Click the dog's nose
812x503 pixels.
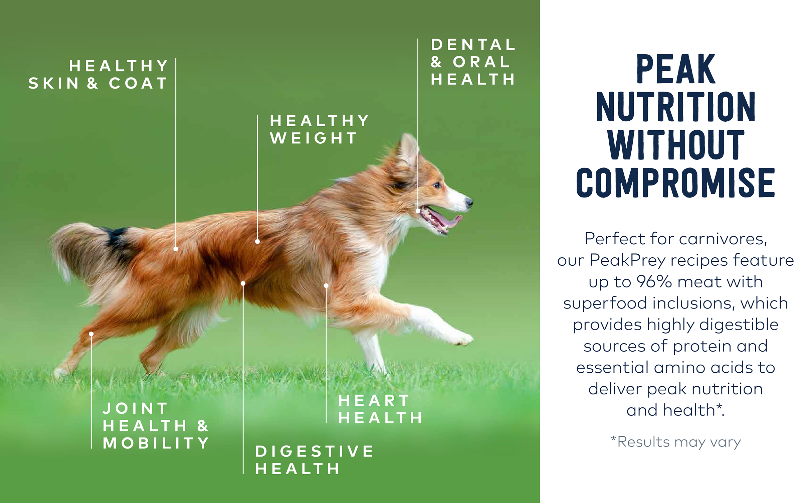pyautogui.click(x=469, y=202)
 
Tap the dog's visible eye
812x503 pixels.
pyautogui.click(x=436, y=185)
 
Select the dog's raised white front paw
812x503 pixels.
pyautogui.click(x=464, y=339)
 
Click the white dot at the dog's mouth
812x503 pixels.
pyautogui.click(x=418, y=211)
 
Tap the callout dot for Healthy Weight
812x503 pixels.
pyautogui.click(x=257, y=241)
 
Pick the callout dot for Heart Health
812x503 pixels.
pyautogui.click(x=326, y=286)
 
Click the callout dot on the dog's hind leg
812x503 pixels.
pyautogui.click(x=91, y=334)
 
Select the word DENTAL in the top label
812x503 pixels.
pyautogui.click(x=473, y=45)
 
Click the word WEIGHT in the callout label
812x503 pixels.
pyautogui.click(x=314, y=138)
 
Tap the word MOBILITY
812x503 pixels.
pyautogui.click(x=156, y=443)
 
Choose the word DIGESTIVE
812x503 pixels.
pyautogui.click(x=314, y=452)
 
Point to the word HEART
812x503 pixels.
pyautogui.click(x=374, y=400)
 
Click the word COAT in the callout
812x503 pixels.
pyautogui.click(x=138, y=83)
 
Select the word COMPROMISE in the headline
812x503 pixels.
pyautogui.click(x=675, y=183)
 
